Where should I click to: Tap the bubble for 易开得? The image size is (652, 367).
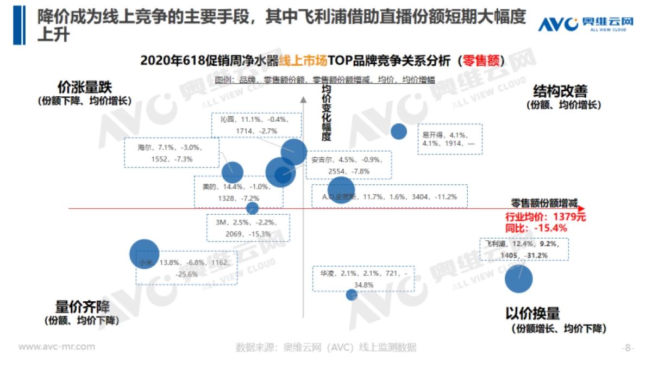pyautogui.click(x=399, y=131)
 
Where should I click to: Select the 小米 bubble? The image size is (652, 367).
pyautogui.click(x=145, y=254)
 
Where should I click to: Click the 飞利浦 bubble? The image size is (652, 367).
pyautogui.click(x=518, y=278)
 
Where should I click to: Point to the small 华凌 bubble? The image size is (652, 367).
pyautogui.click(x=352, y=295)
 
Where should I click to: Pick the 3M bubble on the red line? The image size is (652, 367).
pyautogui.click(x=252, y=208)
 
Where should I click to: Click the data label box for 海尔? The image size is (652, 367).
pyautogui.click(x=171, y=152)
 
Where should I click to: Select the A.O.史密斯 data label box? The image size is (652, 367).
pyautogui.click(x=390, y=196)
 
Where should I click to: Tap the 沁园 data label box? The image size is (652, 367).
pyautogui.click(x=256, y=125)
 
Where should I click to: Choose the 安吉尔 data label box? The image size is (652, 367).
pyautogui.click(x=348, y=165)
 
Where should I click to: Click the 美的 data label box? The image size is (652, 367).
pyautogui.click(x=238, y=192)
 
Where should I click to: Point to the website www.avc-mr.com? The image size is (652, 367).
pyautogui.click(x=57, y=347)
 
